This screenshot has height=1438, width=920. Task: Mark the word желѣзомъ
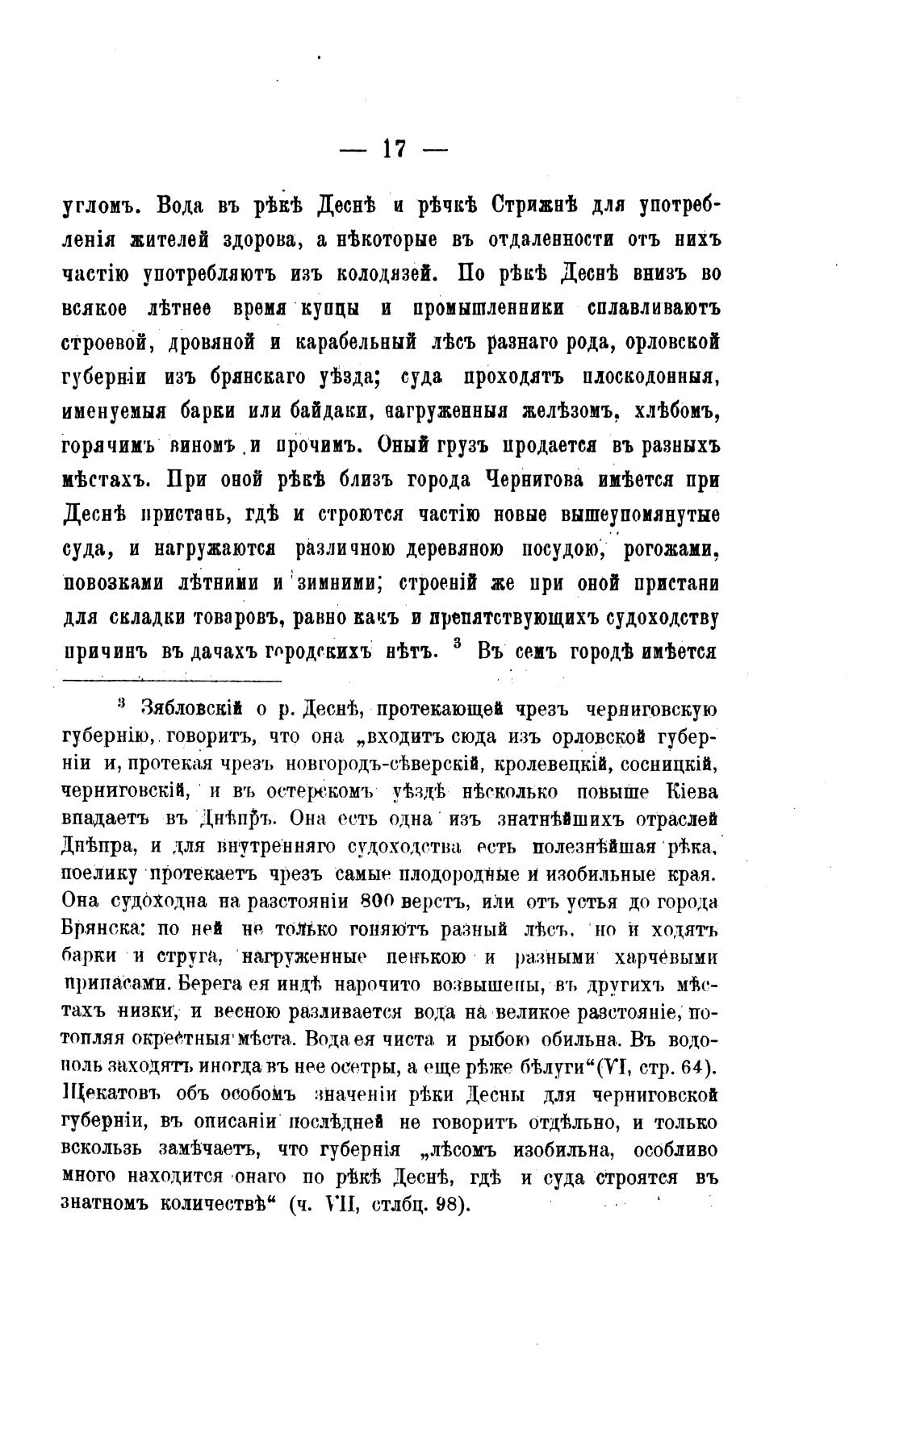point(562,411)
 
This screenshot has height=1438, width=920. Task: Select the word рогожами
point(670,549)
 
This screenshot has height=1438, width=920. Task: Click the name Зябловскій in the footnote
point(192,710)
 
